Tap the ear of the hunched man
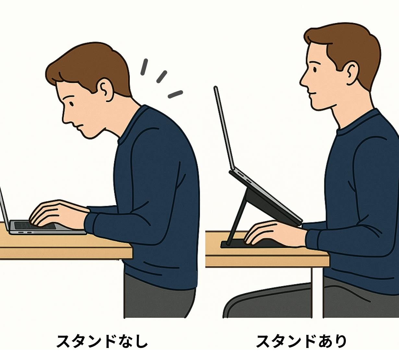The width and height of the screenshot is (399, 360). coord(105,90)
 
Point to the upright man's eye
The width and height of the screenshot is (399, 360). coord(315,70)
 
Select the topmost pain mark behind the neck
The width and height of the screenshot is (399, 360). coord(144,67)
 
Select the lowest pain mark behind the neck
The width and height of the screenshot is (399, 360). coord(175,94)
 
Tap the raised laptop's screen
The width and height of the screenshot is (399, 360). coord(224,129)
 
